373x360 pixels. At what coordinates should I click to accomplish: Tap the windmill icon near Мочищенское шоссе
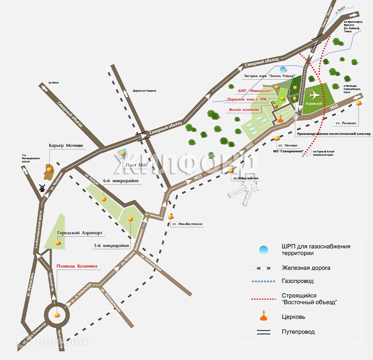click(42, 188)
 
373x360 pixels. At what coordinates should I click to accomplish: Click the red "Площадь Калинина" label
click(76, 266)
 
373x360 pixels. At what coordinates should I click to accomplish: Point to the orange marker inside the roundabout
click(57, 314)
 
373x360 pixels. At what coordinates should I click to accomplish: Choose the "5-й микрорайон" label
click(112, 246)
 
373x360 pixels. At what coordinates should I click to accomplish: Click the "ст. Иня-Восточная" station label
click(187, 224)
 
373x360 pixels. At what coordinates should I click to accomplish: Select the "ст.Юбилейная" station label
click(246, 178)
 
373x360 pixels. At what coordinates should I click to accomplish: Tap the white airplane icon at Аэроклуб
click(314, 95)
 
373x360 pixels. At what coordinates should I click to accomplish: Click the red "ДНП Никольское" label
click(255, 91)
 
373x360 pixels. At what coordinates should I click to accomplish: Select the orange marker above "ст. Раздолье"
click(359, 103)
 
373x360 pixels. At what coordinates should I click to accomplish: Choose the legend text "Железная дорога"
click(306, 267)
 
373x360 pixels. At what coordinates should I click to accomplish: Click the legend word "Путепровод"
click(298, 332)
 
